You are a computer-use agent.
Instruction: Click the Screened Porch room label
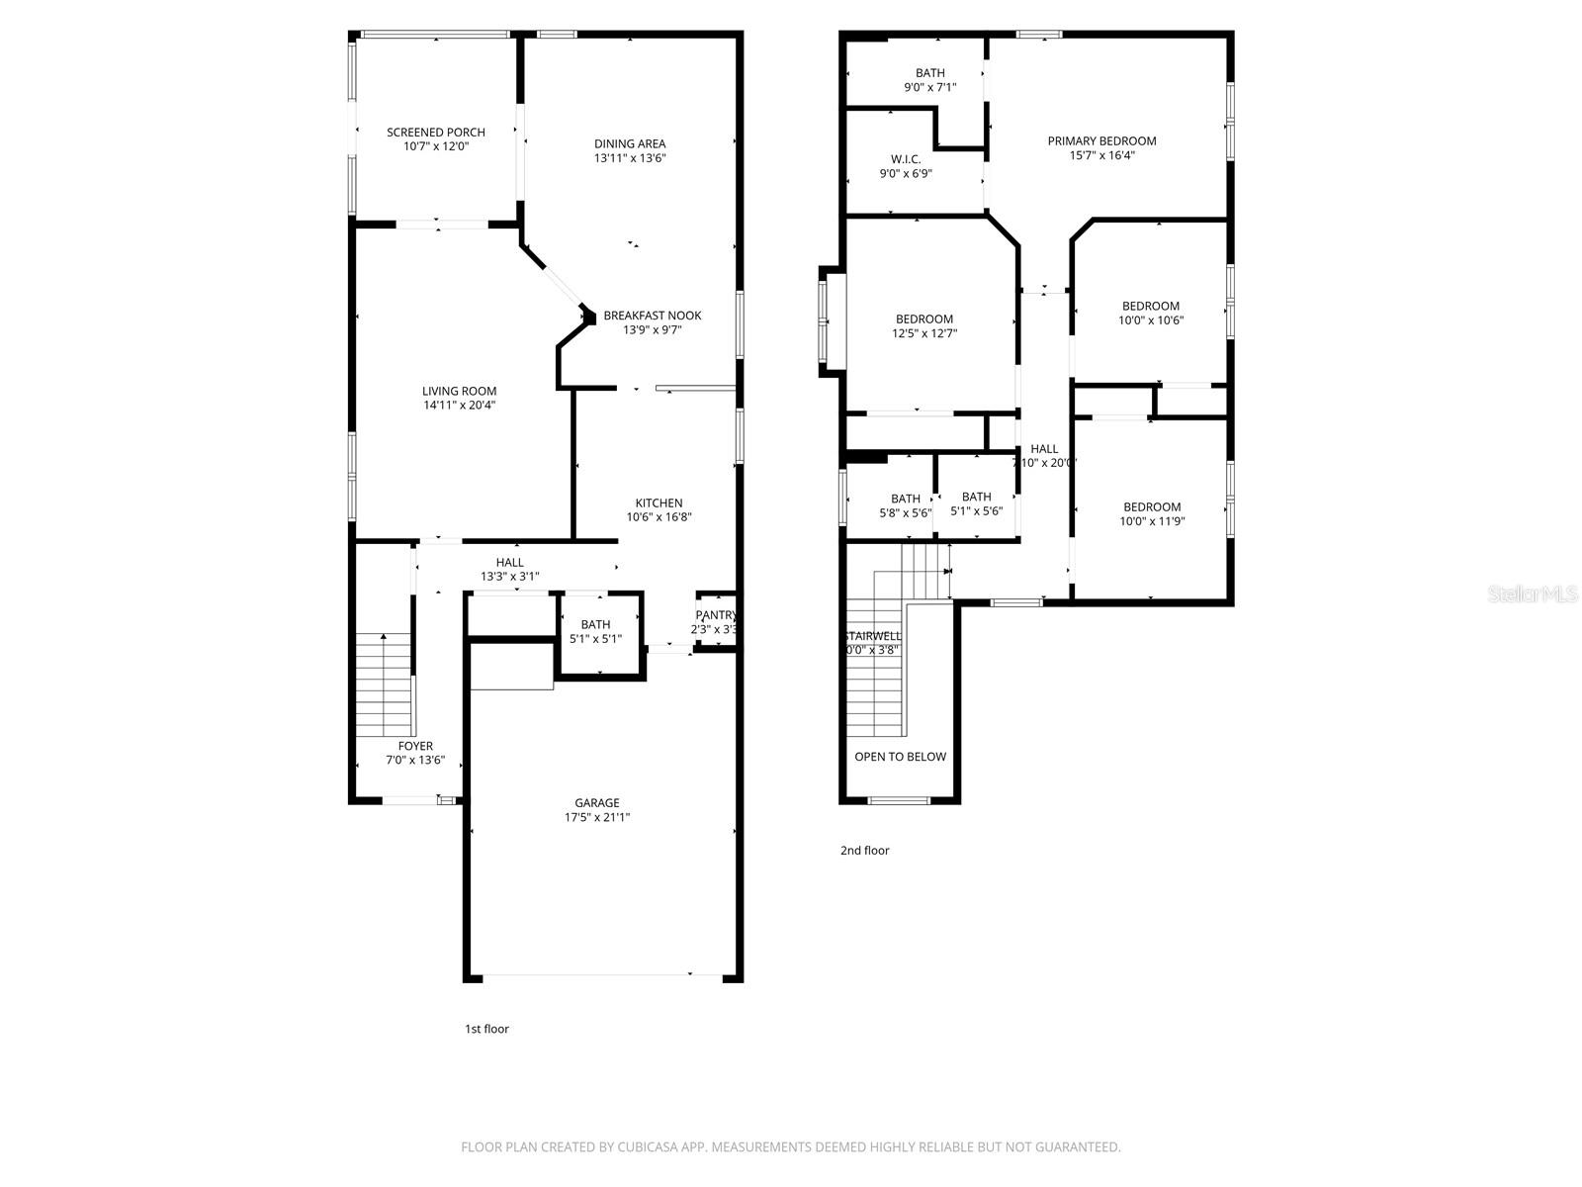(x=435, y=133)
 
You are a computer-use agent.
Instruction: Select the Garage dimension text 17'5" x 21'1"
(x=597, y=817)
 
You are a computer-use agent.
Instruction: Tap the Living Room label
(x=459, y=391)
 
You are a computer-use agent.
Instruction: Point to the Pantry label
(x=715, y=615)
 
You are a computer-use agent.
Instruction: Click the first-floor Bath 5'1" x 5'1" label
(x=595, y=624)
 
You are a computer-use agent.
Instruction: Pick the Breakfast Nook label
(x=652, y=316)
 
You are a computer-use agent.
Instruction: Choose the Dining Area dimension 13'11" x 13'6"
(x=630, y=158)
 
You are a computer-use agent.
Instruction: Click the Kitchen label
(x=659, y=502)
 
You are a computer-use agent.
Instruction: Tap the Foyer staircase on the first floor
(x=384, y=683)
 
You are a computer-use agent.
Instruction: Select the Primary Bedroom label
(x=1101, y=140)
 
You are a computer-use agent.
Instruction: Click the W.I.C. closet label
(x=905, y=159)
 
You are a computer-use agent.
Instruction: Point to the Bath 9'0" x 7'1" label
(x=929, y=73)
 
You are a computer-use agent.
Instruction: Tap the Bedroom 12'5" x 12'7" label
(x=923, y=319)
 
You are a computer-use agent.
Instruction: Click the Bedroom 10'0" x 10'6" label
(x=1150, y=306)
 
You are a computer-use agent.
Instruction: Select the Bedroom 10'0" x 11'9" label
(x=1151, y=506)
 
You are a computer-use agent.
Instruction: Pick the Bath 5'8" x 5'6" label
(x=905, y=499)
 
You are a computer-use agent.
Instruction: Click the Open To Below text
(x=900, y=757)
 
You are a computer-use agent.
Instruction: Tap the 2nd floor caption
(x=864, y=850)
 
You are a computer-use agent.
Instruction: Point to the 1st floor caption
(x=486, y=1029)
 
